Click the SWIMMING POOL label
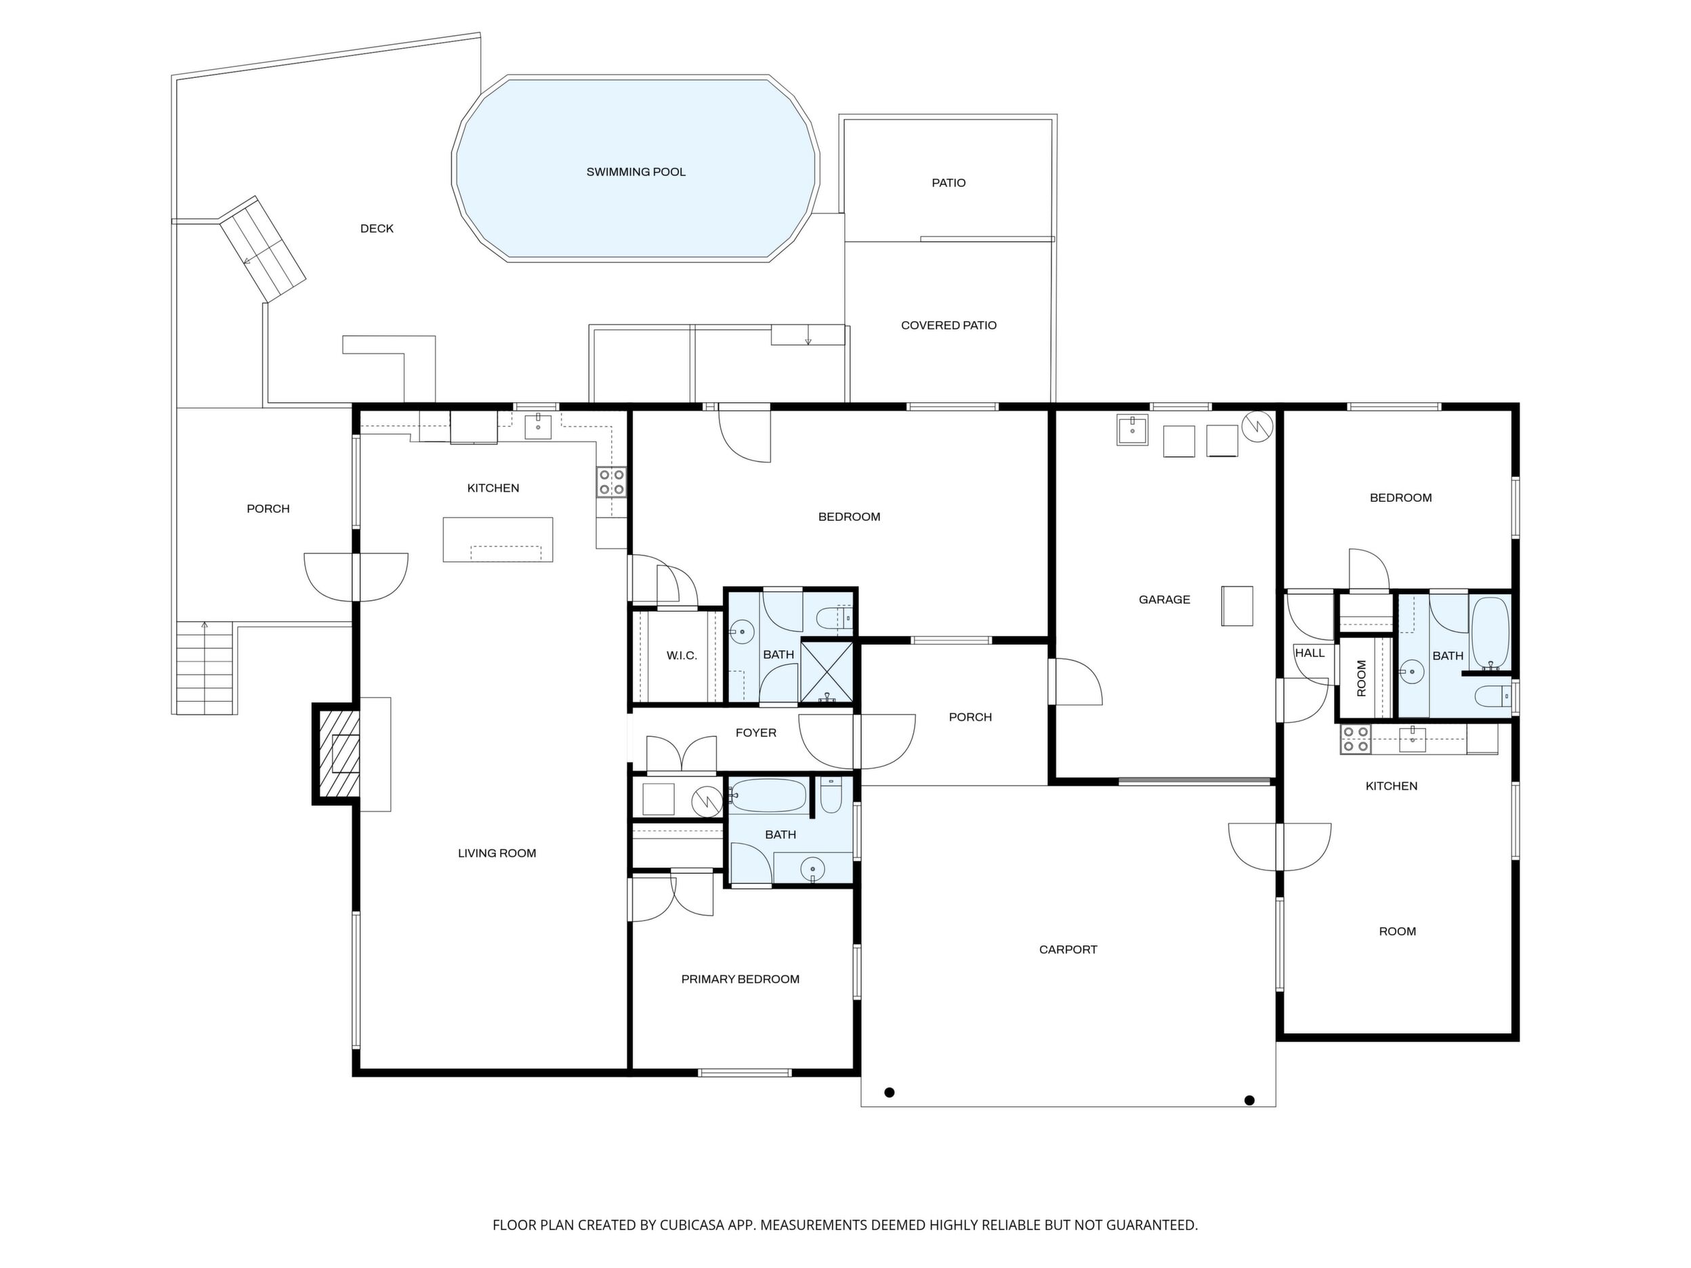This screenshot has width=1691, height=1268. [x=635, y=172]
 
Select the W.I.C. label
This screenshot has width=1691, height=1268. [x=681, y=656]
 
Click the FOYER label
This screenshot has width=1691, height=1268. [x=755, y=733]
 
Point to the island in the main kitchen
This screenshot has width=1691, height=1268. [x=498, y=540]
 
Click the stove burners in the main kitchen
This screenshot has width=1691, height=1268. [x=612, y=482]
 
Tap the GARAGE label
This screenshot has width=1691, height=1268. [x=1165, y=600]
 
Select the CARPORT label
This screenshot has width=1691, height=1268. [x=1068, y=950]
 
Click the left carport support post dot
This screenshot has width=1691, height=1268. [x=889, y=1093]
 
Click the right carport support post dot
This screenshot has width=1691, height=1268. [x=1249, y=1101]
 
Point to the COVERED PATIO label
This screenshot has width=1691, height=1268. [x=948, y=326]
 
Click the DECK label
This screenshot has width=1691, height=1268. [x=377, y=228]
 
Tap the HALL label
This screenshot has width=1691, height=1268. [x=1310, y=654]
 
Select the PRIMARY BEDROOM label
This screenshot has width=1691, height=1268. [x=740, y=979]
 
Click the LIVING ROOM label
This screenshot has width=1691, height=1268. [x=497, y=853]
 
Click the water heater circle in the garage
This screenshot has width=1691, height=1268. [x=1257, y=427]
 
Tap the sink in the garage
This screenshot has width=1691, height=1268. [x=1131, y=430]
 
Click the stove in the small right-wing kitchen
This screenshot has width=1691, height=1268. [x=1356, y=739]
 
